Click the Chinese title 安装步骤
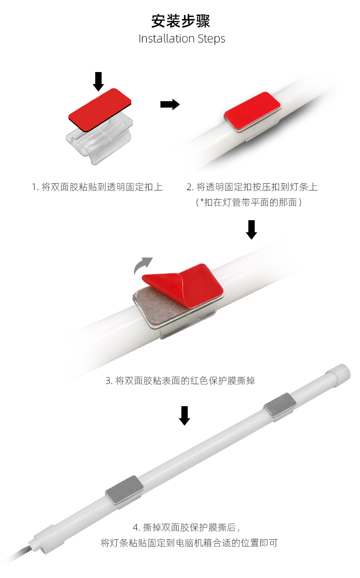[x=180, y=21]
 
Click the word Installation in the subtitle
[x=167, y=39]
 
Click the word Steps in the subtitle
[x=211, y=39]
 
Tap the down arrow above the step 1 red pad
[x=98, y=82]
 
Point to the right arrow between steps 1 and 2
[x=170, y=104]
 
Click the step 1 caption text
[x=97, y=187]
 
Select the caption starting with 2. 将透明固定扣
[x=252, y=187]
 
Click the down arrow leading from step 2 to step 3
[x=252, y=230]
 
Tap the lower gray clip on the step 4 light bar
[x=124, y=490]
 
